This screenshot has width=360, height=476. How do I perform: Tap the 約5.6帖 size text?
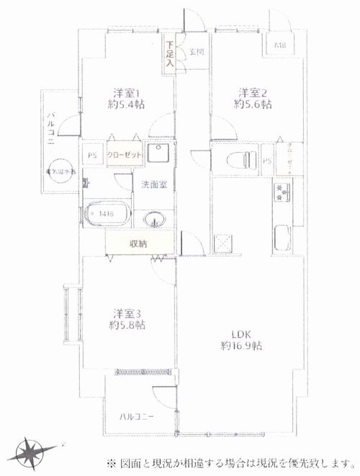pyautogui.click(x=253, y=104)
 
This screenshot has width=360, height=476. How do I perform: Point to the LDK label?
pyautogui.click(x=240, y=333)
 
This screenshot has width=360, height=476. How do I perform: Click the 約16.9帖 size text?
pyautogui.click(x=241, y=346)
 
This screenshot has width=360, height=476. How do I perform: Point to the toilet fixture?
pyautogui.click(x=237, y=159)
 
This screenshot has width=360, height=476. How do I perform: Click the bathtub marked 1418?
pyautogui.click(x=107, y=214)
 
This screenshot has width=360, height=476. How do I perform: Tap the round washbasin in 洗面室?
pyautogui.click(x=153, y=218)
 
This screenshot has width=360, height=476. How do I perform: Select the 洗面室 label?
pyautogui.click(x=153, y=184)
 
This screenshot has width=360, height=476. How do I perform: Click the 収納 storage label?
pyautogui.click(x=138, y=244)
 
